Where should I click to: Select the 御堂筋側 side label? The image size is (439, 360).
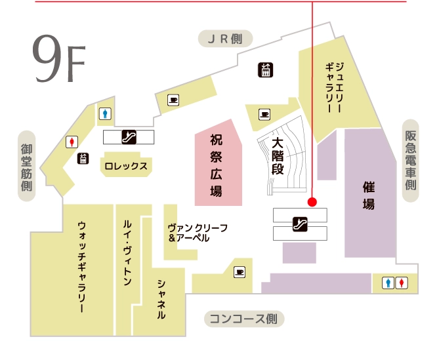(x=27, y=167)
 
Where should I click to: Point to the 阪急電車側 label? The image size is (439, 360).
(x=411, y=161)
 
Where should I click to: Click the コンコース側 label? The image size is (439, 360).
(x=243, y=319)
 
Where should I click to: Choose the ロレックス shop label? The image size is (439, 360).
(x=126, y=166)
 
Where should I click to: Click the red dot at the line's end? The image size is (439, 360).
(x=312, y=201)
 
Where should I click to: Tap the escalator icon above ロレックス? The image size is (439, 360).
(x=129, y=137)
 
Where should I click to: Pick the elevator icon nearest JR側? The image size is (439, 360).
(x=266, y=70)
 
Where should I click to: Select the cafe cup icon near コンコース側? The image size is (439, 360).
(x=239, y=270)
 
